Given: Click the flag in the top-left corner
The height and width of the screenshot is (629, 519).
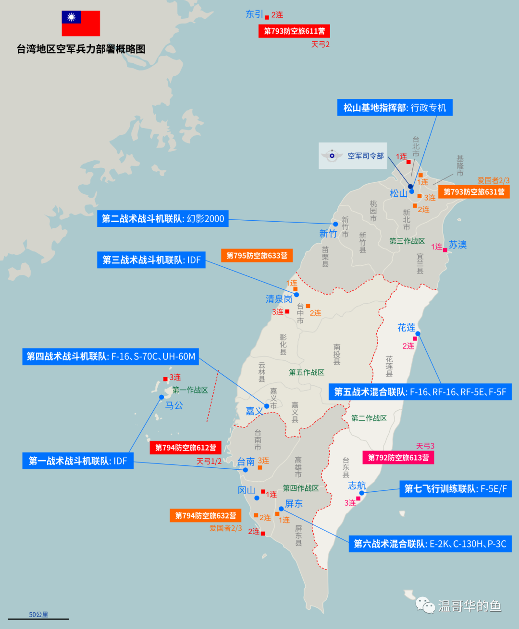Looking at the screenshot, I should coord(81,23).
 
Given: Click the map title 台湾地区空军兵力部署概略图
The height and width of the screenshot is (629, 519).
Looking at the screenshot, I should coord(81,49).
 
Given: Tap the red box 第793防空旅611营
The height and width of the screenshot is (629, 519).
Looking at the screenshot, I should coord(294,31).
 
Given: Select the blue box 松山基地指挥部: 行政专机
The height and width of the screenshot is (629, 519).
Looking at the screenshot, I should coord(395,107).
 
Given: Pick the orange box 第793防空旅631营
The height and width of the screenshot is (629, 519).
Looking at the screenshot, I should coord(474,192).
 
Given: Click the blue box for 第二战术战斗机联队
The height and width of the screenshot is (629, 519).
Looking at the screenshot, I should coord(163,219).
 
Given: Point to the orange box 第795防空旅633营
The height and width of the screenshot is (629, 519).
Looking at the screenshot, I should coord(257,256).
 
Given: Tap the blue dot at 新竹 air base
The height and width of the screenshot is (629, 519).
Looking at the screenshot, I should coord(335,224).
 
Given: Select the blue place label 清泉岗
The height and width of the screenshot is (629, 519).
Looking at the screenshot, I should coord(279,299).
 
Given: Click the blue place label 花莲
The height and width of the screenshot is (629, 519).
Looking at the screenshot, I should coord(406,328).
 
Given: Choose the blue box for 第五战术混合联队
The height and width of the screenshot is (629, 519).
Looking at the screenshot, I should coord(420,392).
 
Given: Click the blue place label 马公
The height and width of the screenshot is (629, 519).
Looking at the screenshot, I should coord(174,405).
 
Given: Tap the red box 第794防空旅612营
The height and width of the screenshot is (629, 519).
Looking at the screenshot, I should coord(185,448).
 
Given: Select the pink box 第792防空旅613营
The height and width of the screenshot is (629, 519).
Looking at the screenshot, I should coord(398,458).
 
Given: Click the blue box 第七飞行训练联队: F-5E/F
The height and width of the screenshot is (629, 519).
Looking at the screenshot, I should coord(456,489).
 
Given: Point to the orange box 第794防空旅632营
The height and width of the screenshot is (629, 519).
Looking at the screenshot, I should coord(205,516).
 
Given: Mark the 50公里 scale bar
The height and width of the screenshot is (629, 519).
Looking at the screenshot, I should coord(38,618).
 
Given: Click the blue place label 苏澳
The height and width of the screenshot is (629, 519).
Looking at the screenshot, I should coord(457,245).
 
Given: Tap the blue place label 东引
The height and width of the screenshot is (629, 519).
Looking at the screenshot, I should coord(254,14).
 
